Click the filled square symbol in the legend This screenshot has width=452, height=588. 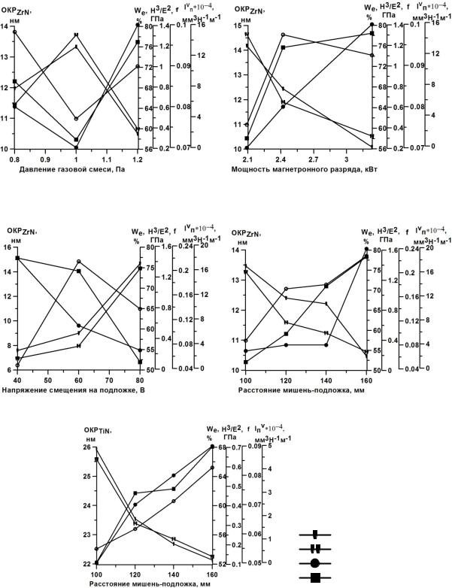(x=315, y=577)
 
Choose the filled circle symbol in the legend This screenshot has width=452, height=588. (x=315, y=562)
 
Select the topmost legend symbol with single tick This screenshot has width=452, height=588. (x=315, y=535)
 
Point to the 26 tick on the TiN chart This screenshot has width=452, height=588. (x=84, y=447)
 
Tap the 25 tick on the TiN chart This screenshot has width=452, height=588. (x=84, y=477)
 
